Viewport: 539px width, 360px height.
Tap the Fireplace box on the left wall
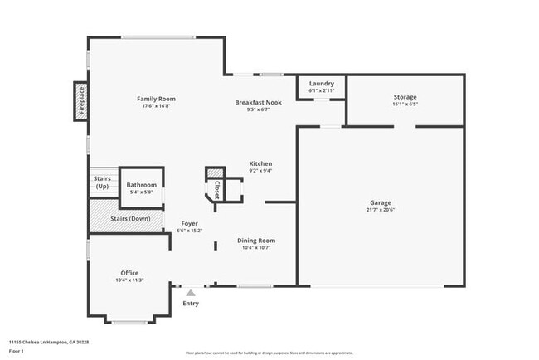point(80,101)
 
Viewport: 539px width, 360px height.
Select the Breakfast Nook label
point(258,102)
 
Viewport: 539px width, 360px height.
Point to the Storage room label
point(405,97)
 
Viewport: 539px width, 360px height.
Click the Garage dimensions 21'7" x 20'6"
point(381,211)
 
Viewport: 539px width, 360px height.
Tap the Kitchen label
point(260,163)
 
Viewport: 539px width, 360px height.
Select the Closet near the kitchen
point(217,190)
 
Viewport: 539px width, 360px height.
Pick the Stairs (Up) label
point(101,182)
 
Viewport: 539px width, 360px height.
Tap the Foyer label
point(190,224)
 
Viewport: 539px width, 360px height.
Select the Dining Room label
point(256,241)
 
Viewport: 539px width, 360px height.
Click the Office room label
point(129,273)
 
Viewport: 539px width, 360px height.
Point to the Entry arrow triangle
point(191,292)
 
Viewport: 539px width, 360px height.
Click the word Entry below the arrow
point(191,303)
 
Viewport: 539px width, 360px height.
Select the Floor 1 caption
point(17,351)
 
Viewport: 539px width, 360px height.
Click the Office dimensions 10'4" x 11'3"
point(129,280)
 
